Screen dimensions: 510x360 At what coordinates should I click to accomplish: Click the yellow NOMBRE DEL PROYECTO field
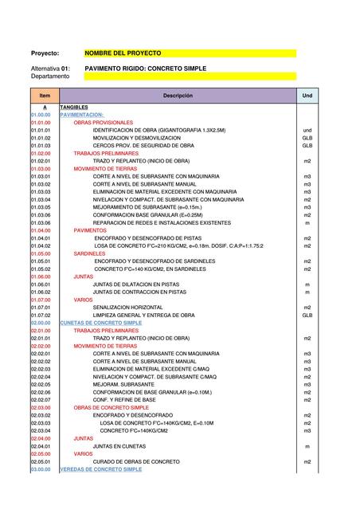pyautogui.click(x=190, y=53)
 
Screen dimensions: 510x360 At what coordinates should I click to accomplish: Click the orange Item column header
pyautogui.click(x=45, y=96)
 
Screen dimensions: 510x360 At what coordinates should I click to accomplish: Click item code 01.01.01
pyautogui.click(x=41, y=130)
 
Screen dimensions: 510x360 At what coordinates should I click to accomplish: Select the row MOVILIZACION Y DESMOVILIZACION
pyautogui.click(x=142, y=138)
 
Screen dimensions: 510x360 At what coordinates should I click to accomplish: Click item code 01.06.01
pyautogui.click(x=41, y=284)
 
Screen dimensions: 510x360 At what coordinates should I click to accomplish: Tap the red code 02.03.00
pyautogui.click(x=41, y=408)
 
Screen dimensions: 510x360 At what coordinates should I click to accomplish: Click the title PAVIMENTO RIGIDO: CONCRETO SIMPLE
pyautogui.click(x=145, y=69)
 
